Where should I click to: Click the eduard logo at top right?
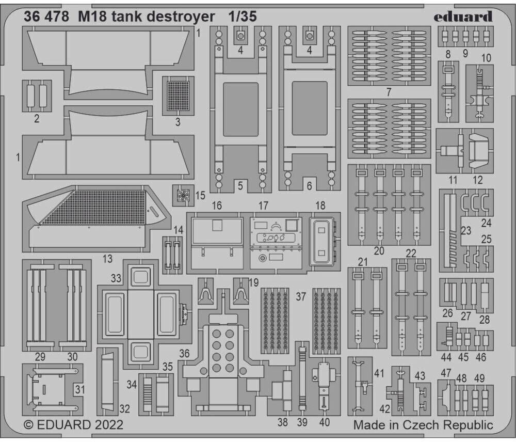pos(463,17)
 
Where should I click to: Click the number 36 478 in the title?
pos(46,17)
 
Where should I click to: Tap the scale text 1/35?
pos(243,17)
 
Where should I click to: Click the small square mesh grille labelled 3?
pos(179,96)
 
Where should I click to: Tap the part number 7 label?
pos(389,92)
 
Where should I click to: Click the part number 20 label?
pos(379,251)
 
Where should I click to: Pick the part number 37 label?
pos(301,297)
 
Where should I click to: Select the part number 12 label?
pos(478,180)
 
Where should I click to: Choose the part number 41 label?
pos(380,372)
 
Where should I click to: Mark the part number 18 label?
pos(320,205)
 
